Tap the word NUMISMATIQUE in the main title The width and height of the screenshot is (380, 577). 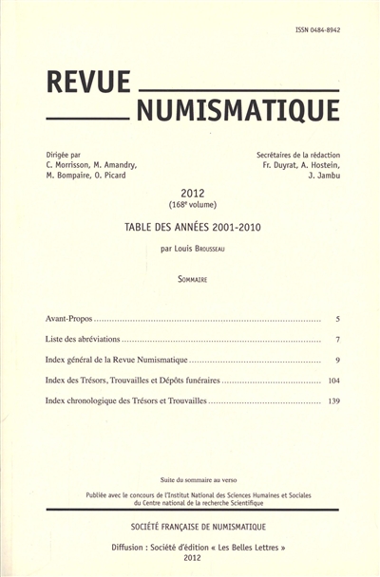click(237, 112)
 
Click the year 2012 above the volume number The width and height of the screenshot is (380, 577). click(193, 193)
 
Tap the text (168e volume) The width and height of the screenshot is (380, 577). click(193, 205)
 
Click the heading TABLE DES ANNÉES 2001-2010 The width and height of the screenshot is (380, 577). click(193, 227)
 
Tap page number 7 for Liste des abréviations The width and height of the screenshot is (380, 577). click(338, 339)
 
